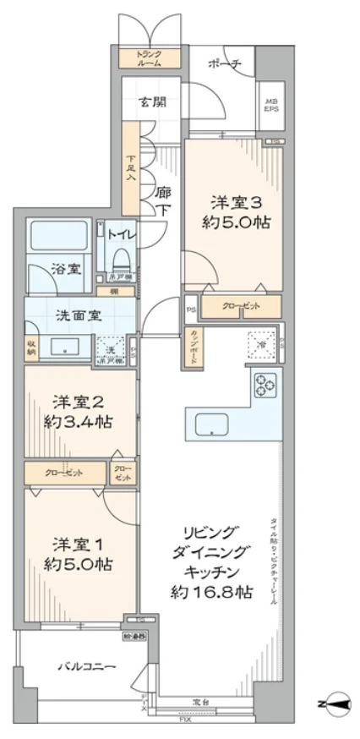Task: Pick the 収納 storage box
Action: [31, 347]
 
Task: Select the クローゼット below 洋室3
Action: [241, 307]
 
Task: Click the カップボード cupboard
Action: [195, 344]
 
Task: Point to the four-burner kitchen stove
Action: [266, 385]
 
